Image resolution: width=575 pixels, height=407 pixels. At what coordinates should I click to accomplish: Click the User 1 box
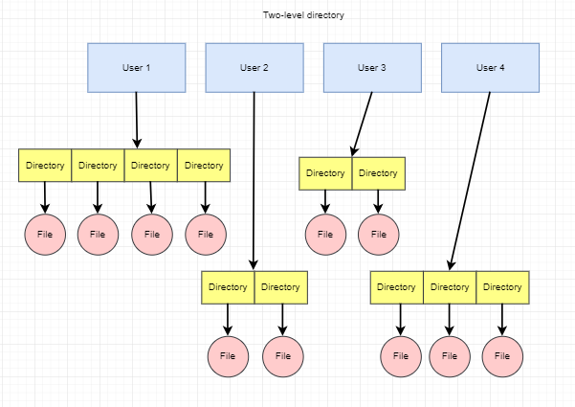(x=136, y=67)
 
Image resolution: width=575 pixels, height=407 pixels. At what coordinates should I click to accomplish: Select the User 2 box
(x=254, y=67)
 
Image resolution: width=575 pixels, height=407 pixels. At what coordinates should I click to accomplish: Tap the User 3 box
(x=371, y=67)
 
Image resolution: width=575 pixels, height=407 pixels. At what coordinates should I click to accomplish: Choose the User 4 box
(x=490, y=67)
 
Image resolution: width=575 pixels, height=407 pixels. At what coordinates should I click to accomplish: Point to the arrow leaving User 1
(x=137, y=120)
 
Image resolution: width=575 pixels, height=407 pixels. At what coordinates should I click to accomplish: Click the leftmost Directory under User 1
(x=45, y=166)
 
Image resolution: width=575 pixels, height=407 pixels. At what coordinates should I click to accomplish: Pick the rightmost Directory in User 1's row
(x=204, y=166)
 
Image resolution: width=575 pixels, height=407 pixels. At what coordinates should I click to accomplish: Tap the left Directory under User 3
(x=325, y=173)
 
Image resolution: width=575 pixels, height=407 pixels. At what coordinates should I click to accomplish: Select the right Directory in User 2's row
(x=280, y=287)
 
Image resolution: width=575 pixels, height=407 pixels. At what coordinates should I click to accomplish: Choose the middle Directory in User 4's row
(x=449, y=287)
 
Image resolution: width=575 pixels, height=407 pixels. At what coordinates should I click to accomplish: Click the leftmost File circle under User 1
(x=45, y=234)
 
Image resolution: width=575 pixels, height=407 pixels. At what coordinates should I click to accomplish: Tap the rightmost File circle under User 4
(x=503, y=355)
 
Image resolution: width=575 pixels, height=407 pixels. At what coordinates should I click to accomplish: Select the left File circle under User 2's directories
(x=228, y=355)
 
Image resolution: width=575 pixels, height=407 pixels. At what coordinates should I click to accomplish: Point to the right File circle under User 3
(x=379, y=234)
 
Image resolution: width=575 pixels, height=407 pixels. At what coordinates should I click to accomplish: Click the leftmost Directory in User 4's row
(x=396, y=287)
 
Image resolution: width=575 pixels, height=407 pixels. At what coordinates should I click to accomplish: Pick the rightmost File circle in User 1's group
(x=205, y=234)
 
